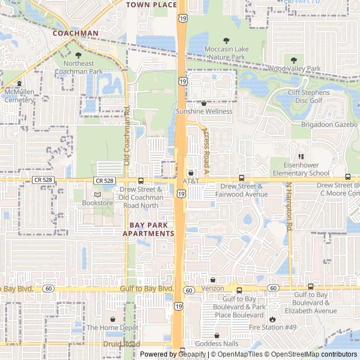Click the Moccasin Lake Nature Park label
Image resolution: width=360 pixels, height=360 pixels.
pos(226,53)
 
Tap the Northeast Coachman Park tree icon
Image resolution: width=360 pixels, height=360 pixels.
pos(79,55)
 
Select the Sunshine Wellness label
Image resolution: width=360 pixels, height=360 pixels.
pos(204,111)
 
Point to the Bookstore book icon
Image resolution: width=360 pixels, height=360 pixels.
pos(98,195)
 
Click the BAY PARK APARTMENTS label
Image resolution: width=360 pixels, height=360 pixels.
pos(148,229)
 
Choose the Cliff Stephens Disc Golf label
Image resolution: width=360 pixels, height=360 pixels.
pos(309,97)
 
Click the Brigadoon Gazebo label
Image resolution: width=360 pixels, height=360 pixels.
pos(329,124)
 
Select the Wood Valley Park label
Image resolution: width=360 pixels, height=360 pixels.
pos(294,69)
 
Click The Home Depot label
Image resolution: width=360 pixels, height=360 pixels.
pos(112,327)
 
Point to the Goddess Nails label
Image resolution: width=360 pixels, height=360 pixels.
pos(217,344)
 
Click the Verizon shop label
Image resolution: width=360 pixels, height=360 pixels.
pos(213,288)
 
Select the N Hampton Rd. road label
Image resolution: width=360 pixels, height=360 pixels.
pos(290,206)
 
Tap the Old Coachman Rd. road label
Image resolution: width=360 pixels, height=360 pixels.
pos(127,135)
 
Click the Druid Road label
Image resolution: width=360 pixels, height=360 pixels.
pos(121,344)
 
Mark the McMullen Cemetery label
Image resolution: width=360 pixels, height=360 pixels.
pos(19,96)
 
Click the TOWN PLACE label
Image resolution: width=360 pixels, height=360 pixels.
pos(151,4)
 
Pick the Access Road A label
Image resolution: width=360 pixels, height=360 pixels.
pos(206,149)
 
